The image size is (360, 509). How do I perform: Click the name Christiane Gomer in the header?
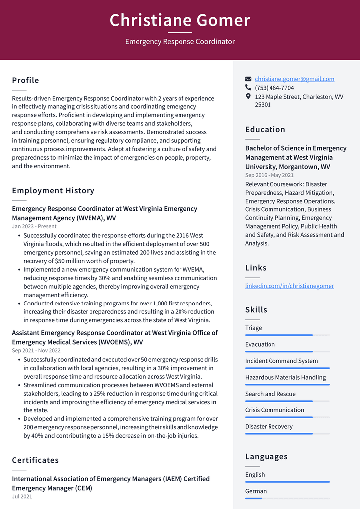[x=180, y=20]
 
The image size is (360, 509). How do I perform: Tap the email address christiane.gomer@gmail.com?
[x=294, y=79]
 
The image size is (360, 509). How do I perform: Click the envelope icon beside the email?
[x=248, y=79]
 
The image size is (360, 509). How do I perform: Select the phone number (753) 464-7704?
[x=274, y=88]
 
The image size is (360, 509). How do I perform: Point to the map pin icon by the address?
[x=248, y=96]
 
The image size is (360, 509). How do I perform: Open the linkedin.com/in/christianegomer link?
[x=289, y=286]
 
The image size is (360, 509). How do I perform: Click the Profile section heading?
[x=25, y=80]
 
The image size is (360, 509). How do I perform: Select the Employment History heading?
[x=53, y=190]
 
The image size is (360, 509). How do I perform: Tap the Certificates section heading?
[x=35, y=460]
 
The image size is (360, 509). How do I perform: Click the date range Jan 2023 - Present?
[x=34, y=226]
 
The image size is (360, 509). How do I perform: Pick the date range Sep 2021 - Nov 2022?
[x=36, y=350]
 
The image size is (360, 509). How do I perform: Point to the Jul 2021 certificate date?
[x=22, y=496]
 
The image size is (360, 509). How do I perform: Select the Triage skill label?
[x=253, y=328]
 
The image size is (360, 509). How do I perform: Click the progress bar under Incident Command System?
[x=287, y=368]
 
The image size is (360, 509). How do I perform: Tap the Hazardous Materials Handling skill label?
[x=285, y=377]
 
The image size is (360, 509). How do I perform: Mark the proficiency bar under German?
[x=287, y=498]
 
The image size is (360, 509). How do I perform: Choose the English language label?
[x=255, y=475]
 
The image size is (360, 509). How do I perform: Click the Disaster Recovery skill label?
[x=269, y=426]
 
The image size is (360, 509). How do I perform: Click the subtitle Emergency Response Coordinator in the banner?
[x=180, y=42]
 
